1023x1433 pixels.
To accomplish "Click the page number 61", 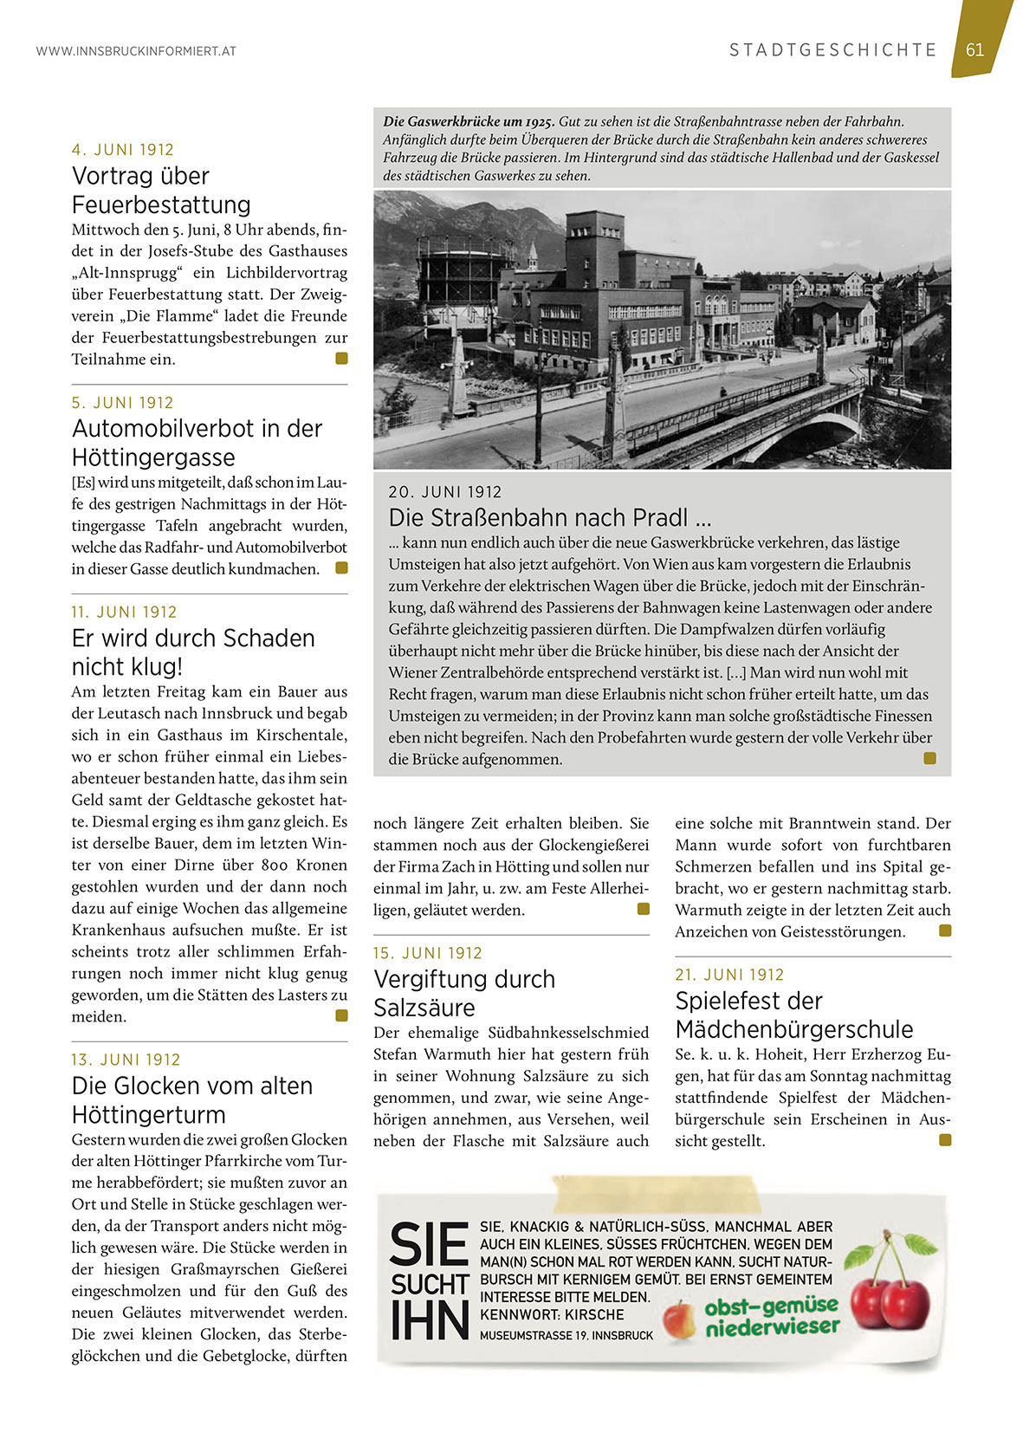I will click(x=975, y=49).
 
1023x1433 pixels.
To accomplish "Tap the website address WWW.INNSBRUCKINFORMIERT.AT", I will click(x=136, y=51).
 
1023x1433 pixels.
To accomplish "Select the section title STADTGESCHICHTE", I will click(x=833, y=50).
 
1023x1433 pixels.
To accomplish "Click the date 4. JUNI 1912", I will click(x=123, y=150).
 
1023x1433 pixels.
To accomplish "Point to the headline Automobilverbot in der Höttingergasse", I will click(x=197, y=443).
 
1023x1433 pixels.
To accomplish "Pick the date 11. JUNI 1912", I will click(x=124, y=613).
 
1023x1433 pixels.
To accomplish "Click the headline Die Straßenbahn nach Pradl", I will click(x=549, y=518).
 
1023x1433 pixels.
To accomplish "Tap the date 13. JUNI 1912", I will click(x=126, y=1060).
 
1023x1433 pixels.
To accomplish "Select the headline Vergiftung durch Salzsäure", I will click(x=464, y=993).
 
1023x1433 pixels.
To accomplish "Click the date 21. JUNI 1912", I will click(x=729, y=975).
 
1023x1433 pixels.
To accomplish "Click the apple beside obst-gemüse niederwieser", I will click(x=680, y=1320).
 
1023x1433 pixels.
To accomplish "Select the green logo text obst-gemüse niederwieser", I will click(x=771, y=1316).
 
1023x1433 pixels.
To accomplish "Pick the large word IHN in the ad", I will click(x=430, y=1321).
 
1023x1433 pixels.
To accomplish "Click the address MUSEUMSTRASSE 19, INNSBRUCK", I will click(x=567, y=1335).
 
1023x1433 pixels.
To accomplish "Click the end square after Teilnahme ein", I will click(x=341, y=358).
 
